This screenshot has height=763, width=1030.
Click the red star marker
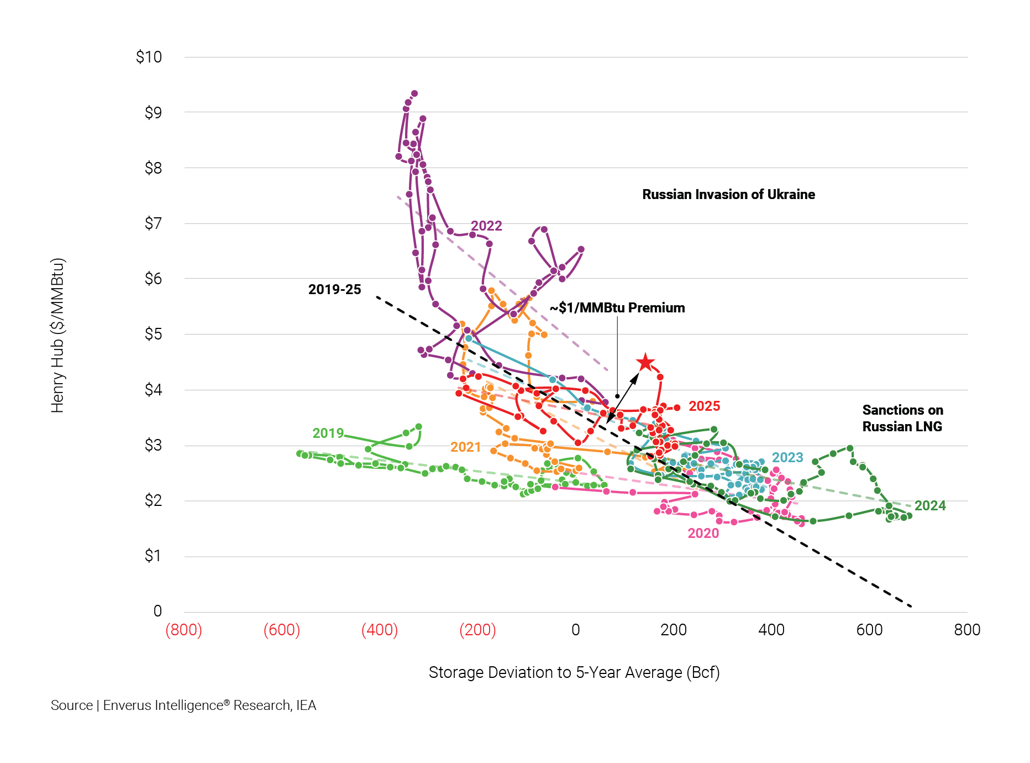[x=645, y=363]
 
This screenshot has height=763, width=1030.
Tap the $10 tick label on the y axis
[x=149, y=57]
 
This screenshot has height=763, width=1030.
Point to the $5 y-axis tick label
[x=153, y=334]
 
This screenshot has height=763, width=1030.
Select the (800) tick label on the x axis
[x=183, y=630]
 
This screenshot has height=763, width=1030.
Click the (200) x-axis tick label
[x=477, y=630]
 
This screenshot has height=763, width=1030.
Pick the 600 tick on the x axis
[x=869, y=630]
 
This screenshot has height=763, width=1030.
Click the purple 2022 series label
[x=486, y=226]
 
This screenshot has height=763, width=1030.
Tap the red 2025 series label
[x=704, y=406]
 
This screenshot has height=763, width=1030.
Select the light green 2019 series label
[x=328, y=433]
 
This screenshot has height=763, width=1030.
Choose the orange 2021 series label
[x=465, y=447]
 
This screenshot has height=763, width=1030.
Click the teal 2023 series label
[x=787, y=457]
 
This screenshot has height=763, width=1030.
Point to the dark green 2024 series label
[x=929, y=505]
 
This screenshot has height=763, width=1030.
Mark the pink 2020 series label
[x=703, y=533]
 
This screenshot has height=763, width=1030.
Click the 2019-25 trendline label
[x=334, y=289]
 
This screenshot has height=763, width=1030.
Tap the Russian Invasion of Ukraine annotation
[x=728, y=195]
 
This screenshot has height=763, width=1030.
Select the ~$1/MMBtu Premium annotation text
[x=617, y=308]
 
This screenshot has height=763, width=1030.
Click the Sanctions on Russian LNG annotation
[x=902, y=418]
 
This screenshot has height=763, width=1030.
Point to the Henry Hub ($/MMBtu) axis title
[x=57, y=335]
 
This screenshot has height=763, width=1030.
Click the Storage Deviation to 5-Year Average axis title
[x=574, y=672]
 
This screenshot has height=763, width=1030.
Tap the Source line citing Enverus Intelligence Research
[x=183, y=705]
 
